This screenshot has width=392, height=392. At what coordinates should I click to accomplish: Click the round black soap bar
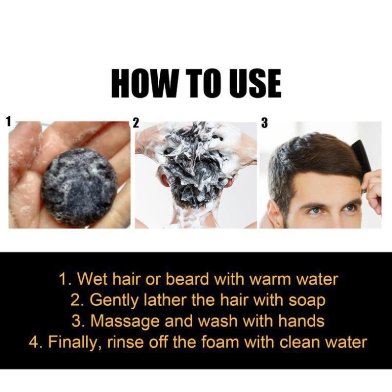(78, 186)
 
